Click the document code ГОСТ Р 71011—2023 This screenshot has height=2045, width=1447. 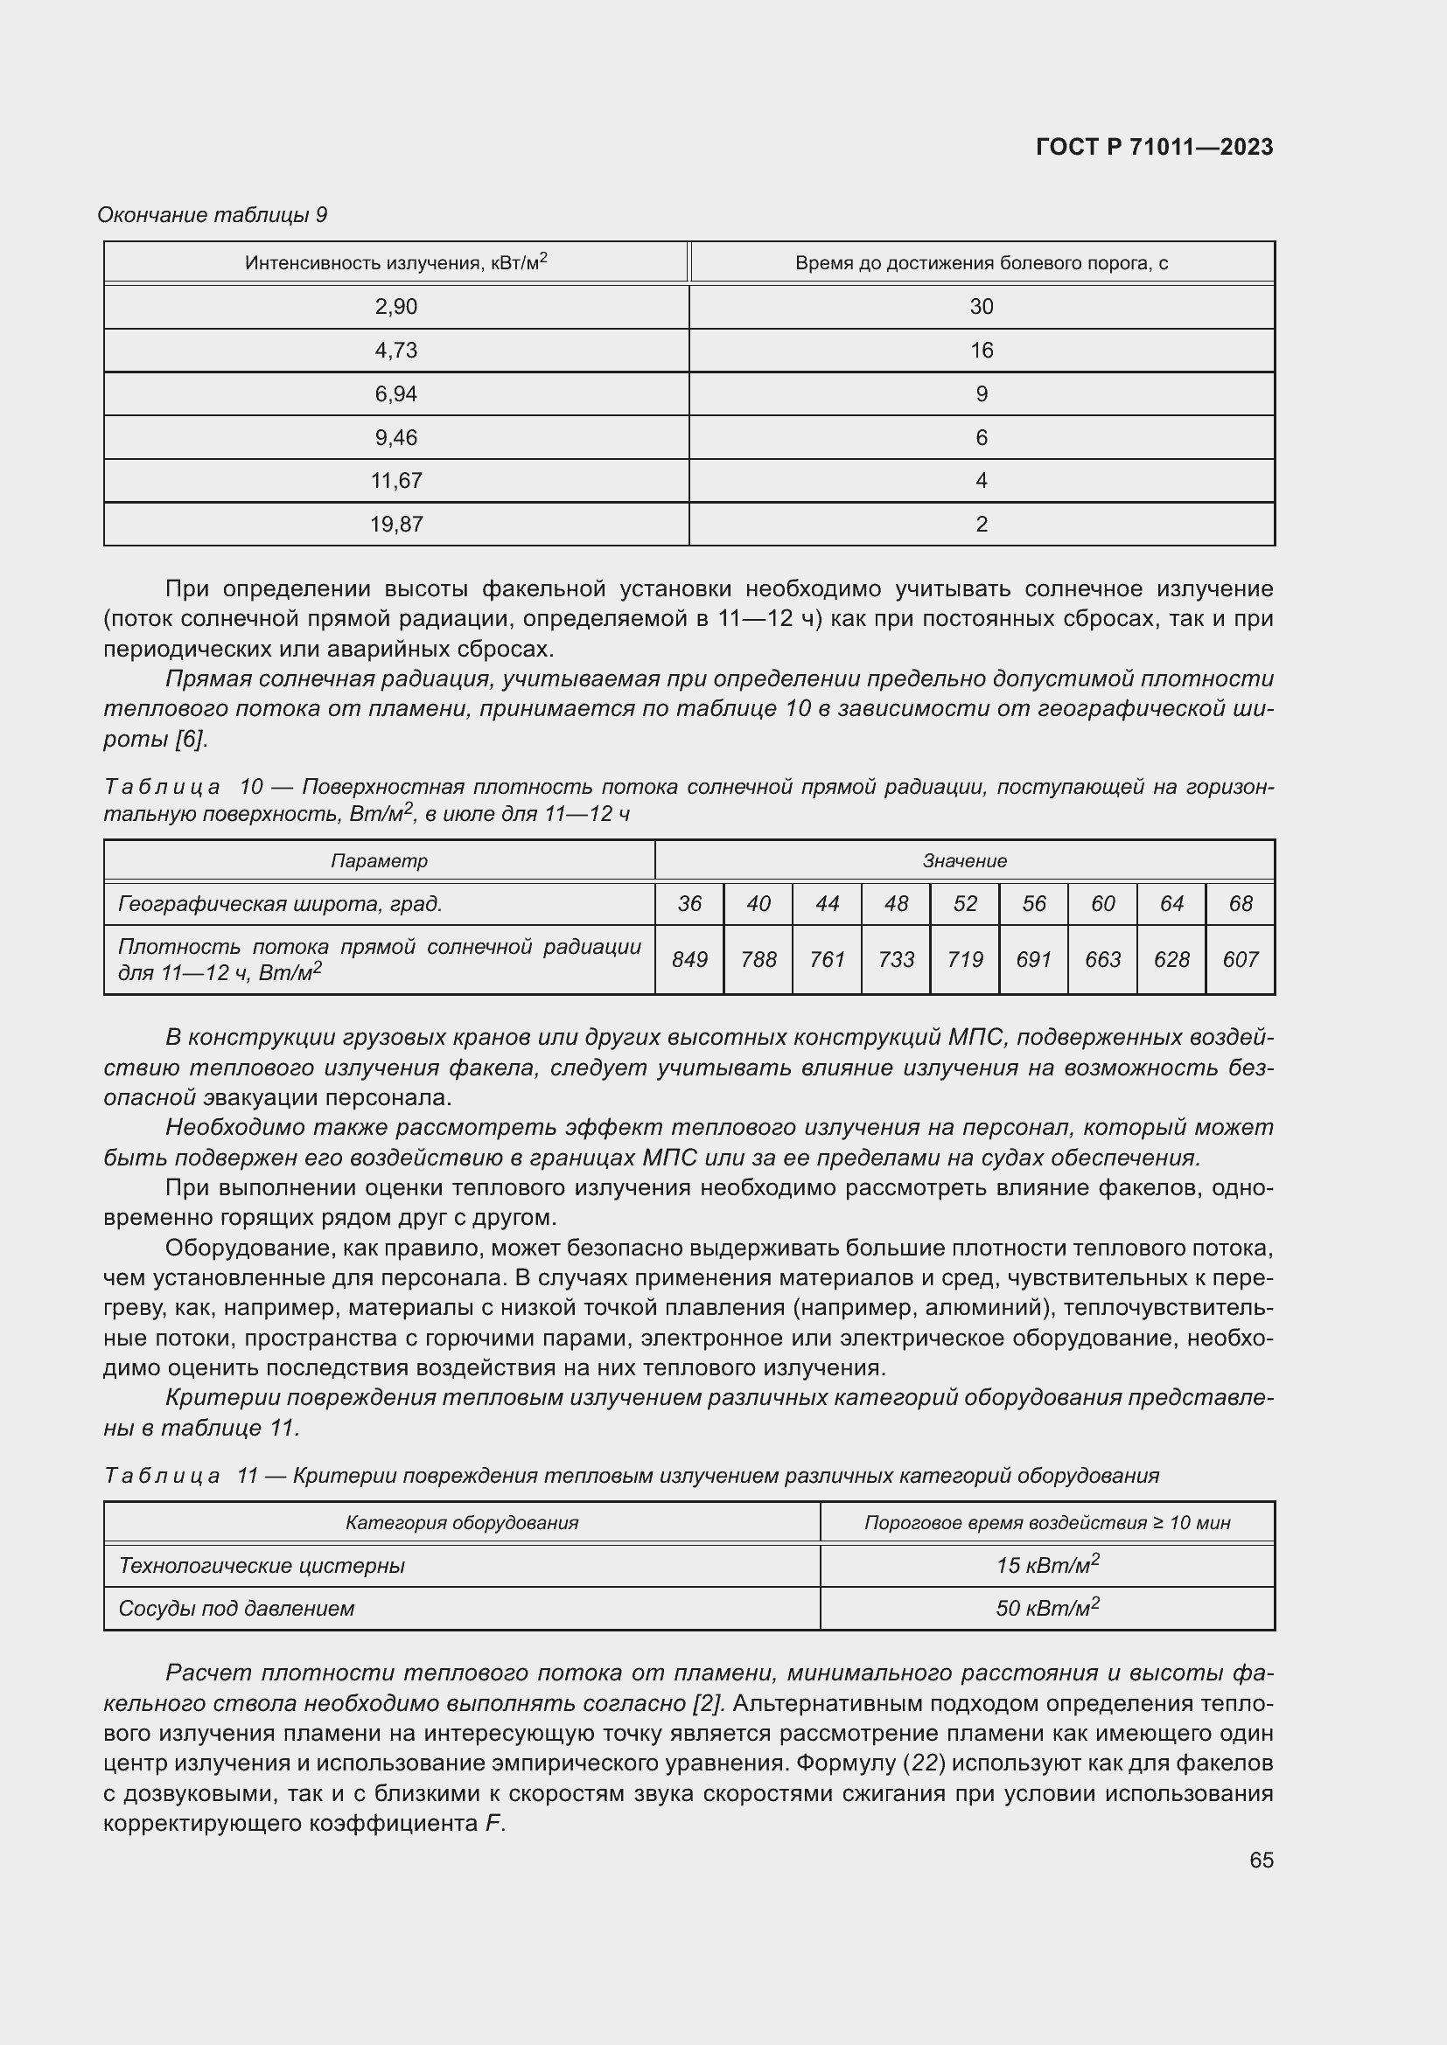1154,148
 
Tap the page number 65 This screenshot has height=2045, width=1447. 1261,1860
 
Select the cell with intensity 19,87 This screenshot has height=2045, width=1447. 396,525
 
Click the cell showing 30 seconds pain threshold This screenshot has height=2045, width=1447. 981,307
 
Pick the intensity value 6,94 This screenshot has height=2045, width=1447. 396,393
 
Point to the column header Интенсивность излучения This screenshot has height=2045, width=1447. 396,263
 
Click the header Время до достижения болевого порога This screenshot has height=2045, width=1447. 981,263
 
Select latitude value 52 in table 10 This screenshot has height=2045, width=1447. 965,904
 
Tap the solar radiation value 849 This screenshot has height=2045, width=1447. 689,960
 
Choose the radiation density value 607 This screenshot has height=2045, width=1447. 1241,960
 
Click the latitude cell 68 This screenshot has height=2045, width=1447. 1241,904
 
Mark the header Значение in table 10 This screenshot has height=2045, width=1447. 965,861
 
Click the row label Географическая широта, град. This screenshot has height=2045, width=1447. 281,904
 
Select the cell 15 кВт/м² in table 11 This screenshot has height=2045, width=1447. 1047,1565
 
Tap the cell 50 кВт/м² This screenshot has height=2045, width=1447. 1047,1608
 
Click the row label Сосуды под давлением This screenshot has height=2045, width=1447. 237,1609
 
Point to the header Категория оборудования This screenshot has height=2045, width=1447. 462,1522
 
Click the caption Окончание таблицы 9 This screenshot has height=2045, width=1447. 212,216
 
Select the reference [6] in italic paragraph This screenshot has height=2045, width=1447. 190,740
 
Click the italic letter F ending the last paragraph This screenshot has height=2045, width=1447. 493,1823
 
